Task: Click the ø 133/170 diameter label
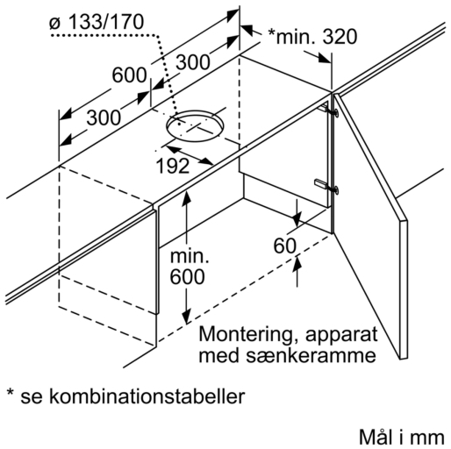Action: (97, 22)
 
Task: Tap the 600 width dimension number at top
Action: (129, 75)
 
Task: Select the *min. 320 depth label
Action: (312, 37)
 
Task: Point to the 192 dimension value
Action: (173, 166)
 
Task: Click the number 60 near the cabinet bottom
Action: (284, 246)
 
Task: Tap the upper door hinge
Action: (329, 110)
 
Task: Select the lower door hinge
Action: (327, 186)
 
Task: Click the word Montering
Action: (246, 335)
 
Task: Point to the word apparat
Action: (341, 336)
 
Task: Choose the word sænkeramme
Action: (311, 356)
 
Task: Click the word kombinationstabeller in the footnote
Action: (147, 396)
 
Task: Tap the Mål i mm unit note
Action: (402, 438)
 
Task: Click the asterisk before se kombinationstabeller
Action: (11, 393)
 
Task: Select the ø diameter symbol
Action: (55, 24)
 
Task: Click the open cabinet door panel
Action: (371, 225)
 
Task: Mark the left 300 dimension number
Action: (104, 118)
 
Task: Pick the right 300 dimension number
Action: (193, 62)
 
